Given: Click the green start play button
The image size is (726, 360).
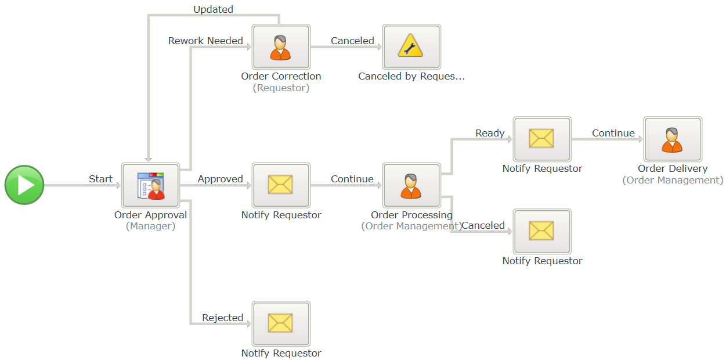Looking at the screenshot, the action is click(x=24, y=185).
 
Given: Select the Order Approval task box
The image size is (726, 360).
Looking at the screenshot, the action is click(x=150, y=185).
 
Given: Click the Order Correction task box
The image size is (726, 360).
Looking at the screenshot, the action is click(x=281, y=46).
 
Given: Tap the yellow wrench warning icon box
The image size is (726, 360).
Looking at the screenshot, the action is click(x=411, y=46).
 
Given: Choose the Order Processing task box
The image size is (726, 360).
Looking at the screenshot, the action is click(x=411, y=185).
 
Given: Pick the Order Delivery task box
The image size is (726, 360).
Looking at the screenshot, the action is click(x=673, y=139).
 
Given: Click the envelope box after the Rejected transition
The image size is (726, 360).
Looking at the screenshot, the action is click(x=281, y=323).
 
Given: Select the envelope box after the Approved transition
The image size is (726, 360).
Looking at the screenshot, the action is click(x=281, y=185).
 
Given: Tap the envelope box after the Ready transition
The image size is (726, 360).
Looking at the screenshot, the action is click(x=542, y=139).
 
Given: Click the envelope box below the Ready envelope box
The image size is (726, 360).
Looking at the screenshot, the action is click(x=542, y=231).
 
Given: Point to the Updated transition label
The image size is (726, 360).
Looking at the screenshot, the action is click(x=213, y=9).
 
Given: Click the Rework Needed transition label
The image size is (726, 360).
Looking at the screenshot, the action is click(x=205, y=41).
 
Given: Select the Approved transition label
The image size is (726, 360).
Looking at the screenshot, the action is click(x=221, y=179).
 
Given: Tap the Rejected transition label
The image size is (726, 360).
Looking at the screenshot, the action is click(x=223, y=318).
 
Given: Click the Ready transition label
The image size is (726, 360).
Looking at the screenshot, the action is click(x=490, y=133).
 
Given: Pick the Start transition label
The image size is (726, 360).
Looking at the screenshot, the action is click(x=101, y=179).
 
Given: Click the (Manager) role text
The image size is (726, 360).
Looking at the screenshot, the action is click(x=150, y=226).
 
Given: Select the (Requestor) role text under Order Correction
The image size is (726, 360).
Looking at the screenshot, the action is click(x=281, y=88).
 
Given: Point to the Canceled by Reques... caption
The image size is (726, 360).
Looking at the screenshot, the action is click(x=411, y=76).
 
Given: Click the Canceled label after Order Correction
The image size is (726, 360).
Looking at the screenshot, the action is click(x=352, y=41).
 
